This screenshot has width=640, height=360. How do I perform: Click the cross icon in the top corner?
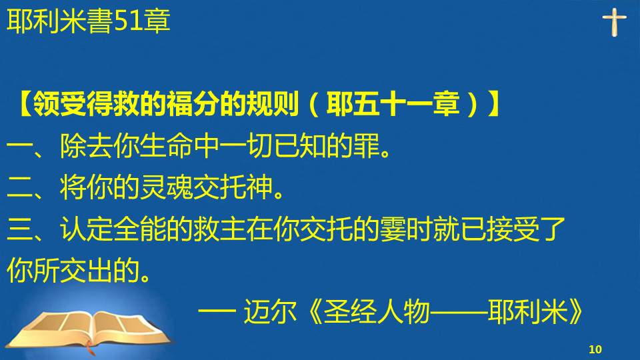coord(614,22)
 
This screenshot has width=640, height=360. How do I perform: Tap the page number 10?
coord(595,349)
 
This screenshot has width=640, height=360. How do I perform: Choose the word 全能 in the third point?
coord(139,229)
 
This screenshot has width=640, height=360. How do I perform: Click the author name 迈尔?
coord(270,312)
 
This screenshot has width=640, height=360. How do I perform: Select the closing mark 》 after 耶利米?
coord(575,312)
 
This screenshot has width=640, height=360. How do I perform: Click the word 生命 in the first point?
coord(166,146)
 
